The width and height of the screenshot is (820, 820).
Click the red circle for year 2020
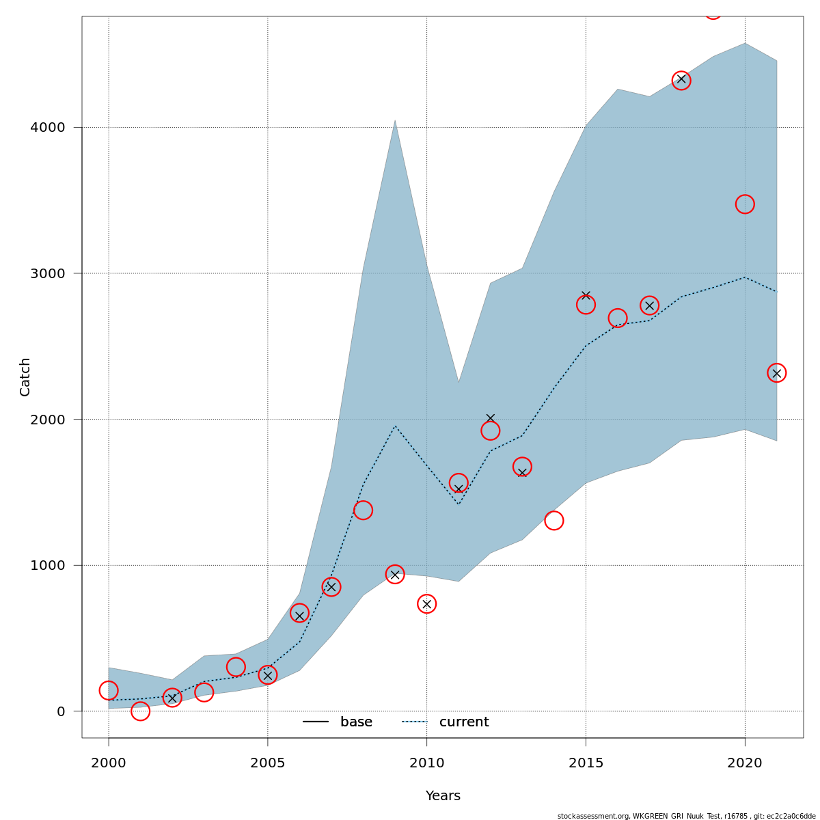tap(745, 204)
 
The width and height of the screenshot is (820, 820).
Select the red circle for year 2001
tap(140, 711)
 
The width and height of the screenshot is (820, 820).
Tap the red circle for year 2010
tap(427, 604)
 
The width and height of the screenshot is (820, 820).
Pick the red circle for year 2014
tap(554, 521)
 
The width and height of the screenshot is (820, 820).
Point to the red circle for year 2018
tap(681, 81)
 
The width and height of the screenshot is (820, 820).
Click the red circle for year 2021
tap(776, 373)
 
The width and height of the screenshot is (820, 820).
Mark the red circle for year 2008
tap(363, 510)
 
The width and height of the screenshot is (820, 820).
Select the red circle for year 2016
tap(618, 318)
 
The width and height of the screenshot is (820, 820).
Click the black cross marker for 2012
tap(491, 418)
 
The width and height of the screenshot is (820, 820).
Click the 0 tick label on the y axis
tap(61, 711)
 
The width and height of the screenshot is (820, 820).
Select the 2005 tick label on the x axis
tap(268, 763)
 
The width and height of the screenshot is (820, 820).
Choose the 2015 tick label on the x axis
tap(586, 763)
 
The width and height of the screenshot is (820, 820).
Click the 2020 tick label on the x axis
tap(745, 763)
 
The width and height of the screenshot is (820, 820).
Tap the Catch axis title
tap(25, 377)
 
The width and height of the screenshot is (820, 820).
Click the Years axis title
tap(443, 796)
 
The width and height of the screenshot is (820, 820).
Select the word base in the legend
tap(356, 722)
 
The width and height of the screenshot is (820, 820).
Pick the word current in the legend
tap(464, 722)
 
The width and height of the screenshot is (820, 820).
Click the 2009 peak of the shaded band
tap(395, 122)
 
